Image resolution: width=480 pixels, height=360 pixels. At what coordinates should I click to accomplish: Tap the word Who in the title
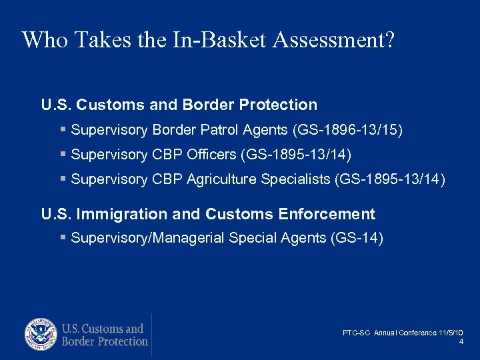(45, 40)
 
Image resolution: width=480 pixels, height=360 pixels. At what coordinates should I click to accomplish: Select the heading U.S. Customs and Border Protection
(179, 105)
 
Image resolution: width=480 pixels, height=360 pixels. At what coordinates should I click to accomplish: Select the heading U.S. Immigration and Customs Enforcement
(208, 214)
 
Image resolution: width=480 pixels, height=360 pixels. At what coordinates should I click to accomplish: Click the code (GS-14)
(357, 238)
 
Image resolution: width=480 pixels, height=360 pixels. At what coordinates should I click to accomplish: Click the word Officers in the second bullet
(213, 155)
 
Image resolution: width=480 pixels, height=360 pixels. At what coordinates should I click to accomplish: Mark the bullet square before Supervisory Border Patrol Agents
(63, 129)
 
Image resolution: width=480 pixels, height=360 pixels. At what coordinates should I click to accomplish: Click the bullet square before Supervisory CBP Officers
(63, 155)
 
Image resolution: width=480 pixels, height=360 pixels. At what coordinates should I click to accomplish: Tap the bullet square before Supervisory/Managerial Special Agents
(63, 238)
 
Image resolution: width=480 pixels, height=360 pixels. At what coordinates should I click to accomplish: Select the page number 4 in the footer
(461, 342)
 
